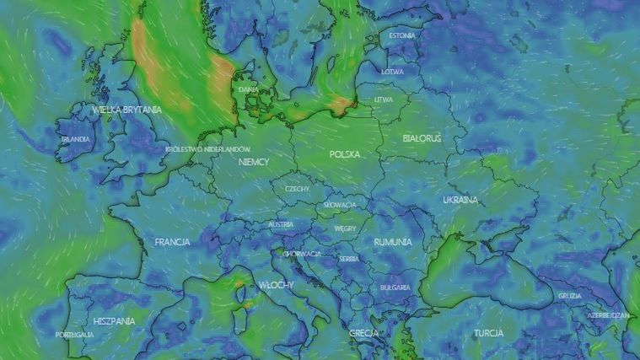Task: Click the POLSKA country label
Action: point(345,154)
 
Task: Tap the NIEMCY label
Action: point(254,161)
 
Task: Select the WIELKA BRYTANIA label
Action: point(127,110)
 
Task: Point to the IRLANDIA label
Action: point(75,139)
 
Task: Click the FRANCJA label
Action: point(172,242)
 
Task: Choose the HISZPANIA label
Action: point(115,321)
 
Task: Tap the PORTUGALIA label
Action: point(74,335)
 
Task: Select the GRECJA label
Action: point(363,333)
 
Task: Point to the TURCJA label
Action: point(488,333)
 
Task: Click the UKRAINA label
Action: point(460,200)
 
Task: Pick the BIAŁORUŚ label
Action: point(422,137)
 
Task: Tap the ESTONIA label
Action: point(402,36)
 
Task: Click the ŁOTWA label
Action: point(392,72)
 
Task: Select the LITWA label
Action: point(384,99)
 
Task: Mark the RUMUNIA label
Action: point(393,242)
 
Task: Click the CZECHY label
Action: point(297,189)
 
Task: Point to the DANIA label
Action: point(248,89)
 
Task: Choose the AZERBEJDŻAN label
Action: point(608,314)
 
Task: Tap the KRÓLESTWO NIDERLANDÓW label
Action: point(208,149)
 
